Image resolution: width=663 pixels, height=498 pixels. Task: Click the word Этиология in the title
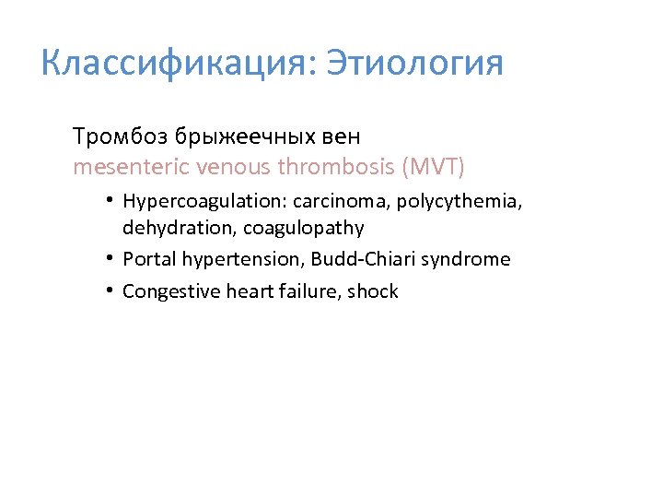415,64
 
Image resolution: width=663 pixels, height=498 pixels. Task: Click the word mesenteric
122,167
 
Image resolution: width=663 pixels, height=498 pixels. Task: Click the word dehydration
168,228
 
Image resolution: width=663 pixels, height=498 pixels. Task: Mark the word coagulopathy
303,228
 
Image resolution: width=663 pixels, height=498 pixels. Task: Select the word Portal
145,259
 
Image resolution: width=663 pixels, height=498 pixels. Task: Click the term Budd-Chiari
370,259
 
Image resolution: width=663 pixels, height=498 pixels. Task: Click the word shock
373,291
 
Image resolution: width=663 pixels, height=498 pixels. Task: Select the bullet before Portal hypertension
109,258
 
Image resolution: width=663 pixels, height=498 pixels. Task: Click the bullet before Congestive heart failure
109,290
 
